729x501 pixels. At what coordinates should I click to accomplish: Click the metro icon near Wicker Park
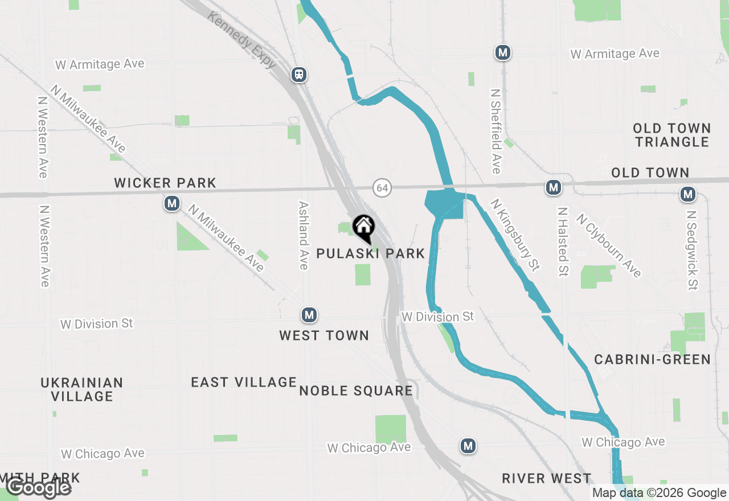172,203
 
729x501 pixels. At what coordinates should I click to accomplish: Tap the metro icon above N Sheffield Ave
502,53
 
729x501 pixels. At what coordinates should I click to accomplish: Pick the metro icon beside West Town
309,315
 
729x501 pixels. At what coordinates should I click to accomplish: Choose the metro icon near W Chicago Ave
468,446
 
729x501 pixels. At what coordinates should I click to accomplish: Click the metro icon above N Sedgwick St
689,195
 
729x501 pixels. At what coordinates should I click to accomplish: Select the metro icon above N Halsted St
553,187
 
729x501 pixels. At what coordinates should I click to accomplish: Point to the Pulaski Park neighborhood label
371,254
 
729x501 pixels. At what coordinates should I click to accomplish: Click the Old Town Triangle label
672,135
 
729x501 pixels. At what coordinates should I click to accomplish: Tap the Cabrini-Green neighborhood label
652,359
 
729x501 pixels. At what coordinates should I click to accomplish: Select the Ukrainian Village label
82,389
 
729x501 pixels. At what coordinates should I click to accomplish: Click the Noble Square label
356,391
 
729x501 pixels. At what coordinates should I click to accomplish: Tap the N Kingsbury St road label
515,235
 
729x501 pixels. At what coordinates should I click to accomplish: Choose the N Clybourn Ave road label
608,245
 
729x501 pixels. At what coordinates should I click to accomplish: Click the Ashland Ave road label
304,235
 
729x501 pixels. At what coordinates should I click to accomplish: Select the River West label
546,478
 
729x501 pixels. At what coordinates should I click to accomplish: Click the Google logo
39,488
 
